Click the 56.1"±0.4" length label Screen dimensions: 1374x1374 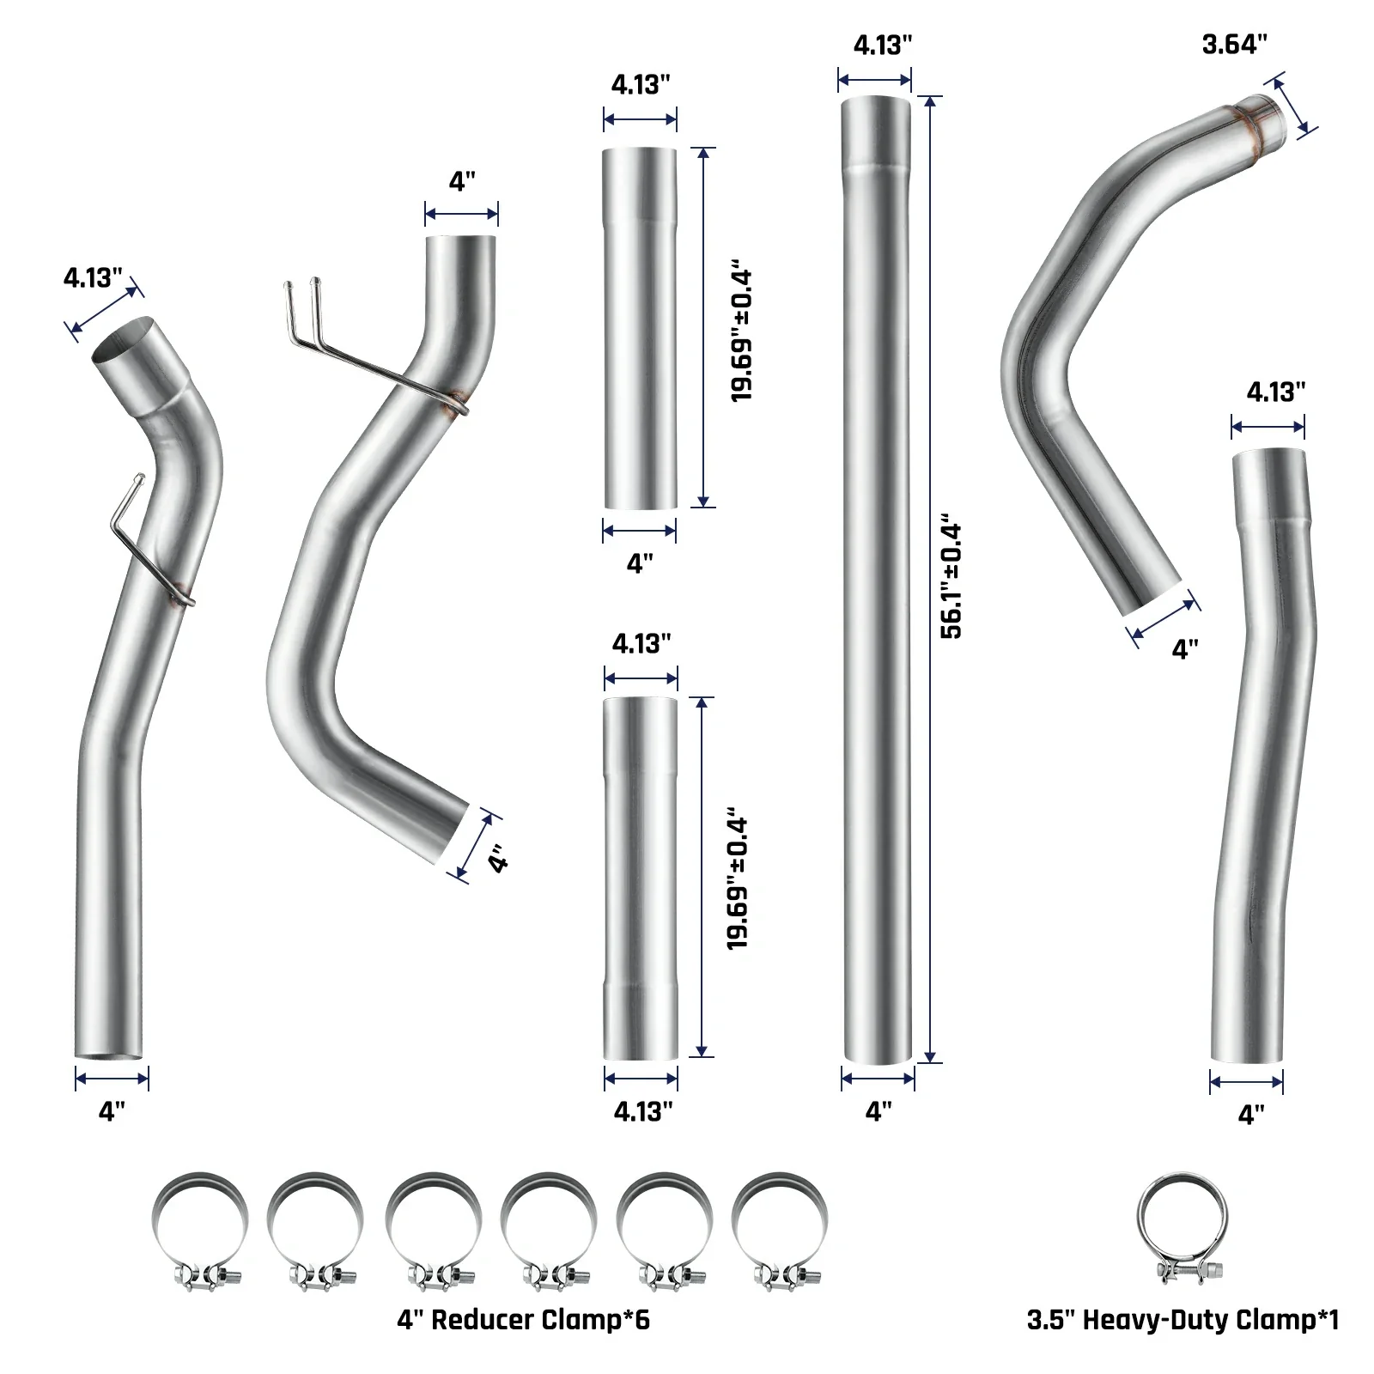click(x=952, y=578)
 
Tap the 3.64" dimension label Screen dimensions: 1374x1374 click(x=1235, y=44)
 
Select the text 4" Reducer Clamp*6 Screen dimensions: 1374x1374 click(x=523, y=1320)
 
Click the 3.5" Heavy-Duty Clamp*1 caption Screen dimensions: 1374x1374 click(x=1182, y=1320)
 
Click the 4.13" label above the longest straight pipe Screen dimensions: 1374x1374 click(x=883, y=45)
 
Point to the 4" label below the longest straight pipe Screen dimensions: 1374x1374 click(x=879, y=1111)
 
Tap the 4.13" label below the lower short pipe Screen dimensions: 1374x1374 click(x=643, y=1111)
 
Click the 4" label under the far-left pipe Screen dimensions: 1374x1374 click(x=112, y=1111)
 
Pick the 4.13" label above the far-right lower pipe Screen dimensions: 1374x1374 click(x=1276, y=392)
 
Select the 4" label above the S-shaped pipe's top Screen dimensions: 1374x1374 click(x=462, y=181)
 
